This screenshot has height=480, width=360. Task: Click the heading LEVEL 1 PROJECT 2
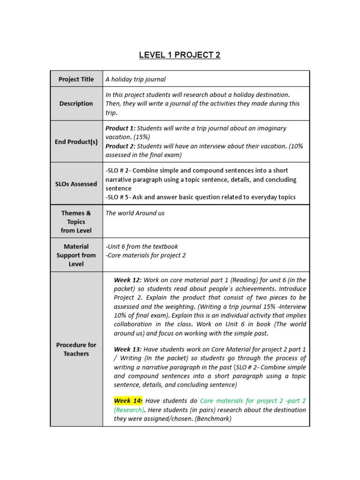tap(180, 55)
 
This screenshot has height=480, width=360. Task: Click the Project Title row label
tap(76, 79)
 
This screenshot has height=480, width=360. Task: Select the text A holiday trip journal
tap(135, 79)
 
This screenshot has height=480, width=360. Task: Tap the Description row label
tap(76, 104)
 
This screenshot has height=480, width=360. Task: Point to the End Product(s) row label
tap(76, 142)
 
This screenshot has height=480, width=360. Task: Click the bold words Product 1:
tap(120, 128)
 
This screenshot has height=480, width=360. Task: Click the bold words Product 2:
tap(120, 146)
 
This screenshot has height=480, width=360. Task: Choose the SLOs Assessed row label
tap(76, 184)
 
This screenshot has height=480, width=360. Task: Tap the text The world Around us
tap(135, 213)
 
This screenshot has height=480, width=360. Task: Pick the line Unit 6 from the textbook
tap(142, 246)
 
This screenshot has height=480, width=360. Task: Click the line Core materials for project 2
tap(146, 255)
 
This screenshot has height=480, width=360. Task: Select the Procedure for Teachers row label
tap(76, 349)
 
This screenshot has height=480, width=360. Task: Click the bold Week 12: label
tap(127, 280)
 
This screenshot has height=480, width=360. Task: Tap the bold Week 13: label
tap(127, 349)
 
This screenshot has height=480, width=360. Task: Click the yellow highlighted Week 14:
tap(127, 401)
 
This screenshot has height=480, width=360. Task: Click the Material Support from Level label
tap(76, 255)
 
